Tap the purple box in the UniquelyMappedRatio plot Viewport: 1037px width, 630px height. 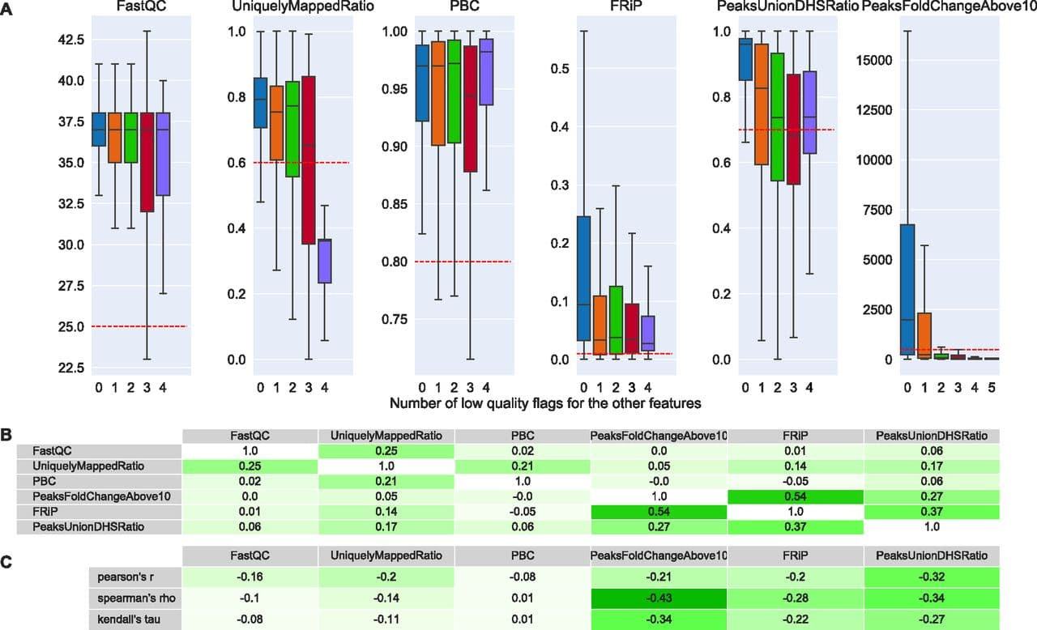click(x=325, y=261)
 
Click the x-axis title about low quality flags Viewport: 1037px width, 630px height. click(x=544, y=403)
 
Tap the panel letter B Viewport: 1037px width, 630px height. click(x=7, y=435)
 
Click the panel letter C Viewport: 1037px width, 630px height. click(x=7, y=559)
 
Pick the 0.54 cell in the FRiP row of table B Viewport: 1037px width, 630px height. click(x=659, y=511)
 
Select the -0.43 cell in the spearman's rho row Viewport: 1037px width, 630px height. click(x=659, y=598)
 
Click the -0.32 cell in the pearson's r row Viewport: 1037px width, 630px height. click(x=931, y=577)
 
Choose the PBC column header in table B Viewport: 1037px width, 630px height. click(x=523, y=436)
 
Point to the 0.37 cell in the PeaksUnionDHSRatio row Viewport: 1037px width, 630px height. click(x=795, y=526)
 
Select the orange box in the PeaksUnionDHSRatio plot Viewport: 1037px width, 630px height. click(x=762, y=104)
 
